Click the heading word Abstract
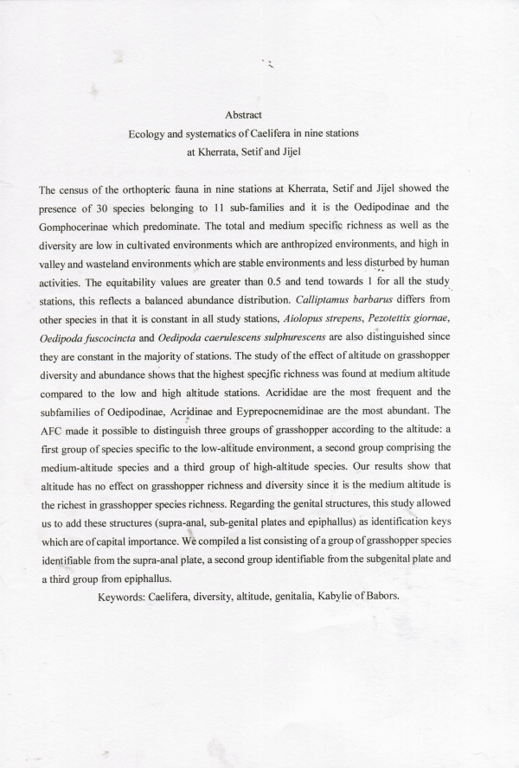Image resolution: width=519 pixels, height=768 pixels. [x=243, y=114]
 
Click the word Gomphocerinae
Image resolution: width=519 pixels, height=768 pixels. [x=78, y=226]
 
